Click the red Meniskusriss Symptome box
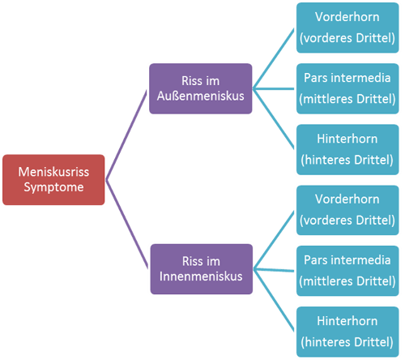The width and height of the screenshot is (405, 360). (x=53, y=180)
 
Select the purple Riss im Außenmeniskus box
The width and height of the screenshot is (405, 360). (x=201, y=88)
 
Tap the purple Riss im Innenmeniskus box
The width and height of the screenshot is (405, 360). (x=202, y=269)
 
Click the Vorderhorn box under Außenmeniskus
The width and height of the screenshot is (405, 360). (x=347, y=28)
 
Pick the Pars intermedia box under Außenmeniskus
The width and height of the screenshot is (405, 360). (x=347, y=88)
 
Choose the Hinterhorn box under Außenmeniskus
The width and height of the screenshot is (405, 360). (x=347, y=149)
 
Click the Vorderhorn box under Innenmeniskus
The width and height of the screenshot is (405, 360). (x=347, y=210)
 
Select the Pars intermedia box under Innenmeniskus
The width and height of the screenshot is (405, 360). (x=347, y=271)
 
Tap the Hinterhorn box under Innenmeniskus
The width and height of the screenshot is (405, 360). (x=347, y=332)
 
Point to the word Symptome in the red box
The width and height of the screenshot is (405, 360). (x=53, y=187)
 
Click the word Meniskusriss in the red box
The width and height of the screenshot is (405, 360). (x=53, y=172)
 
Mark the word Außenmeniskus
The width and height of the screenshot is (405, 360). (x=201, y=96)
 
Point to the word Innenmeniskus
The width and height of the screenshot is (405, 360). (x=201, y=276)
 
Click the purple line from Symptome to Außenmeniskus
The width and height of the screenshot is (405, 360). (x=126, y=135)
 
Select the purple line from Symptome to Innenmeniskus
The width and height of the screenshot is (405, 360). (x=127, y=224)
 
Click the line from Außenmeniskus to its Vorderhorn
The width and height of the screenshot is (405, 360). (x=274, y=58)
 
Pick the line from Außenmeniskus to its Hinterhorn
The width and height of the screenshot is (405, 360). (x=274, y=118)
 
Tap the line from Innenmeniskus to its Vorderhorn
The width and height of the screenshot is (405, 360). (x=274, y=240)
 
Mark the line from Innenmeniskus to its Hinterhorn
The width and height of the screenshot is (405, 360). (x=274, y=300)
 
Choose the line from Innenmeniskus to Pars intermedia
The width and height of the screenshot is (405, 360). (x=274, y=270)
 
